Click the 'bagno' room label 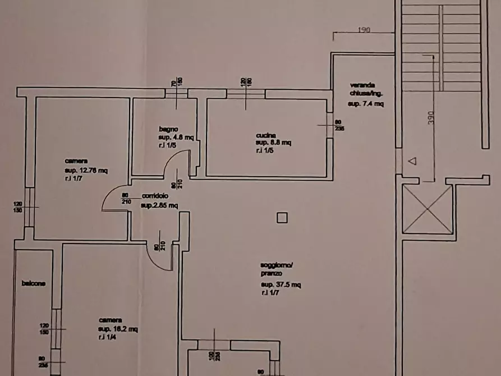click(x=167, y=129)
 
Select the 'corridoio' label click(x=154, y=196)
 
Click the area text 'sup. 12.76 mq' click(x=86, y=171)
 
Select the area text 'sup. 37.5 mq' click(x=281, y=285)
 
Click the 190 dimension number click(x=364, y=30)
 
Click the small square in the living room click(x=282, y=218)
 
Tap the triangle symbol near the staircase click(x=412, y=162)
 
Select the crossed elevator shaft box click(x=428, y=209)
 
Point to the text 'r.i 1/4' click(x=106, y=337)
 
